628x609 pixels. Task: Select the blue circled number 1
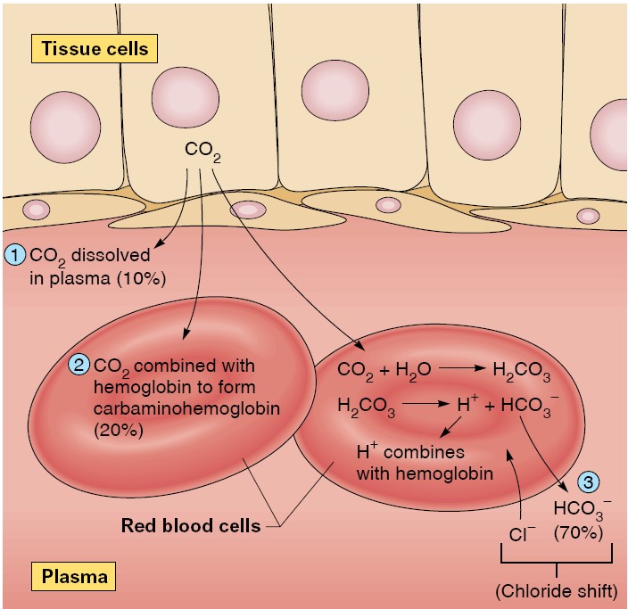(x=15, y=255)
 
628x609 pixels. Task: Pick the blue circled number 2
(x=79, y=365)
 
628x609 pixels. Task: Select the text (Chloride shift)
(x=556, y=590)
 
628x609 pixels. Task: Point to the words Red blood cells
(x=190, y=525)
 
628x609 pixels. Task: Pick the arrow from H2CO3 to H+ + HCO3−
(x=426, y=404)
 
